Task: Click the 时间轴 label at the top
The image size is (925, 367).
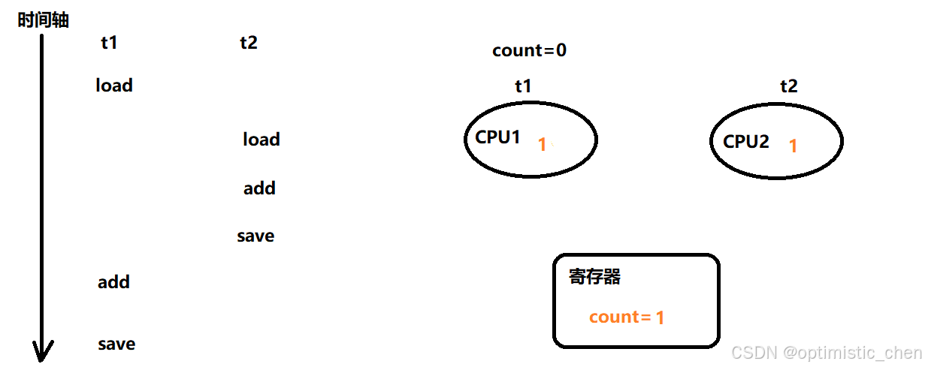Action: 43,20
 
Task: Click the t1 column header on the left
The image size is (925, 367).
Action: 109,43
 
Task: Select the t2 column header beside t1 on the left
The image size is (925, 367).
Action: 249,43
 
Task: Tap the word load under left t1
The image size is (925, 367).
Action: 114,86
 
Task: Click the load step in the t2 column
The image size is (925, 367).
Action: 261,140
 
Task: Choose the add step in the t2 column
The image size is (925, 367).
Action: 259,188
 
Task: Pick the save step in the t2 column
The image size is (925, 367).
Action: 255,236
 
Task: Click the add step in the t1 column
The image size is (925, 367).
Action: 113,282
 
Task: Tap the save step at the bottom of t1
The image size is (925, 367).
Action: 116,344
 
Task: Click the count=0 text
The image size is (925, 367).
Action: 529,51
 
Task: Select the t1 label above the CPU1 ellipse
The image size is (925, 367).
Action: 523,86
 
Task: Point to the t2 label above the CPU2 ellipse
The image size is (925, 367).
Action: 788,86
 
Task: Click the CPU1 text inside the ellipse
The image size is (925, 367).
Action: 497,137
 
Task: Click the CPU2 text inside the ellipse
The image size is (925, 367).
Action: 746,141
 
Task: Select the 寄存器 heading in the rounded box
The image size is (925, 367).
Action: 595,277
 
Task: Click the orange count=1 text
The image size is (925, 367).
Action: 627,317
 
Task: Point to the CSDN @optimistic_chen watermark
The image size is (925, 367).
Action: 826,353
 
